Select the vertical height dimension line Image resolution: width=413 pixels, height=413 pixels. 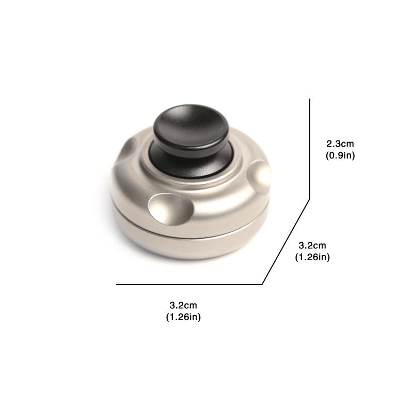(310, 150)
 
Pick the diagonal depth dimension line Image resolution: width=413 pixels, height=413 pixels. (287, 241)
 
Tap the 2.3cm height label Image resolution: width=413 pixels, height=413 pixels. (340, 144)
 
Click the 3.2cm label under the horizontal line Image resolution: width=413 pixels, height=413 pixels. (183, 306)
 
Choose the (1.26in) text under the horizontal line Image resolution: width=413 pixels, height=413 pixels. (183, 317)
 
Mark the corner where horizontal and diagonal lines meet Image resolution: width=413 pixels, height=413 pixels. (263, 284)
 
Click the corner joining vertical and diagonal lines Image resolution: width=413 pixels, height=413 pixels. (310, 198)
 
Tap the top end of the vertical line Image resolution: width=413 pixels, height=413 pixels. (310, 100)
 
